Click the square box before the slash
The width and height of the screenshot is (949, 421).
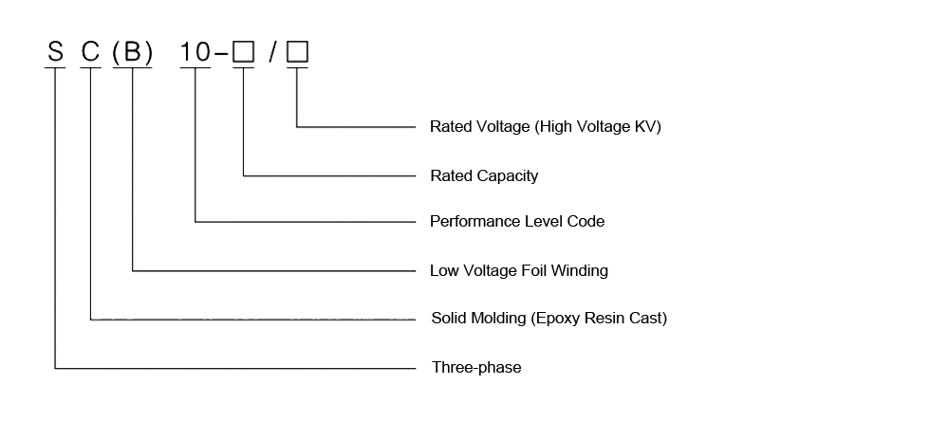[244, 53]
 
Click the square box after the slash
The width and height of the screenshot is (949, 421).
[297, 53]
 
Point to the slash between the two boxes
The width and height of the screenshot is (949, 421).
[271, 53]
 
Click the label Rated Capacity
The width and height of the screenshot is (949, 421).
[484, 175]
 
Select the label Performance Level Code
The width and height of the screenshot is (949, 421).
[517, 222]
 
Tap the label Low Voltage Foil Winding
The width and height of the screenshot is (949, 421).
[519, 270]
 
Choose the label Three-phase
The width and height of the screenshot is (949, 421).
[476, 367]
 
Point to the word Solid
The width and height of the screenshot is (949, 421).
[449, 319]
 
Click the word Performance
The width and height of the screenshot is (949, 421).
[474, 222]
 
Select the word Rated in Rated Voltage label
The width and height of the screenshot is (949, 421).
[451, 126]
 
